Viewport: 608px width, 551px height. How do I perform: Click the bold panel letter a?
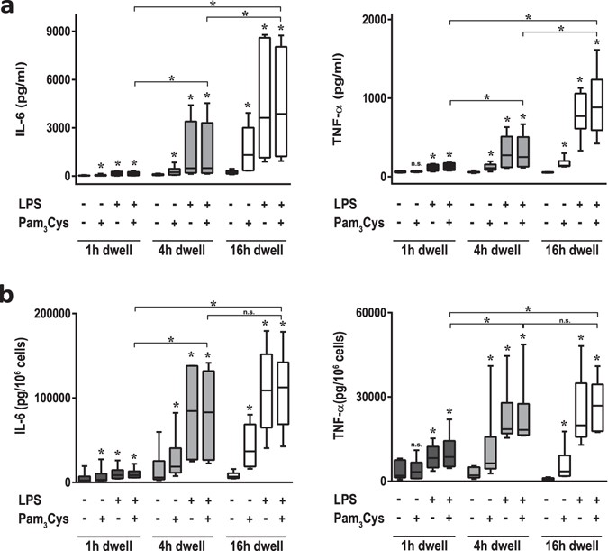(x=9, y=10)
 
